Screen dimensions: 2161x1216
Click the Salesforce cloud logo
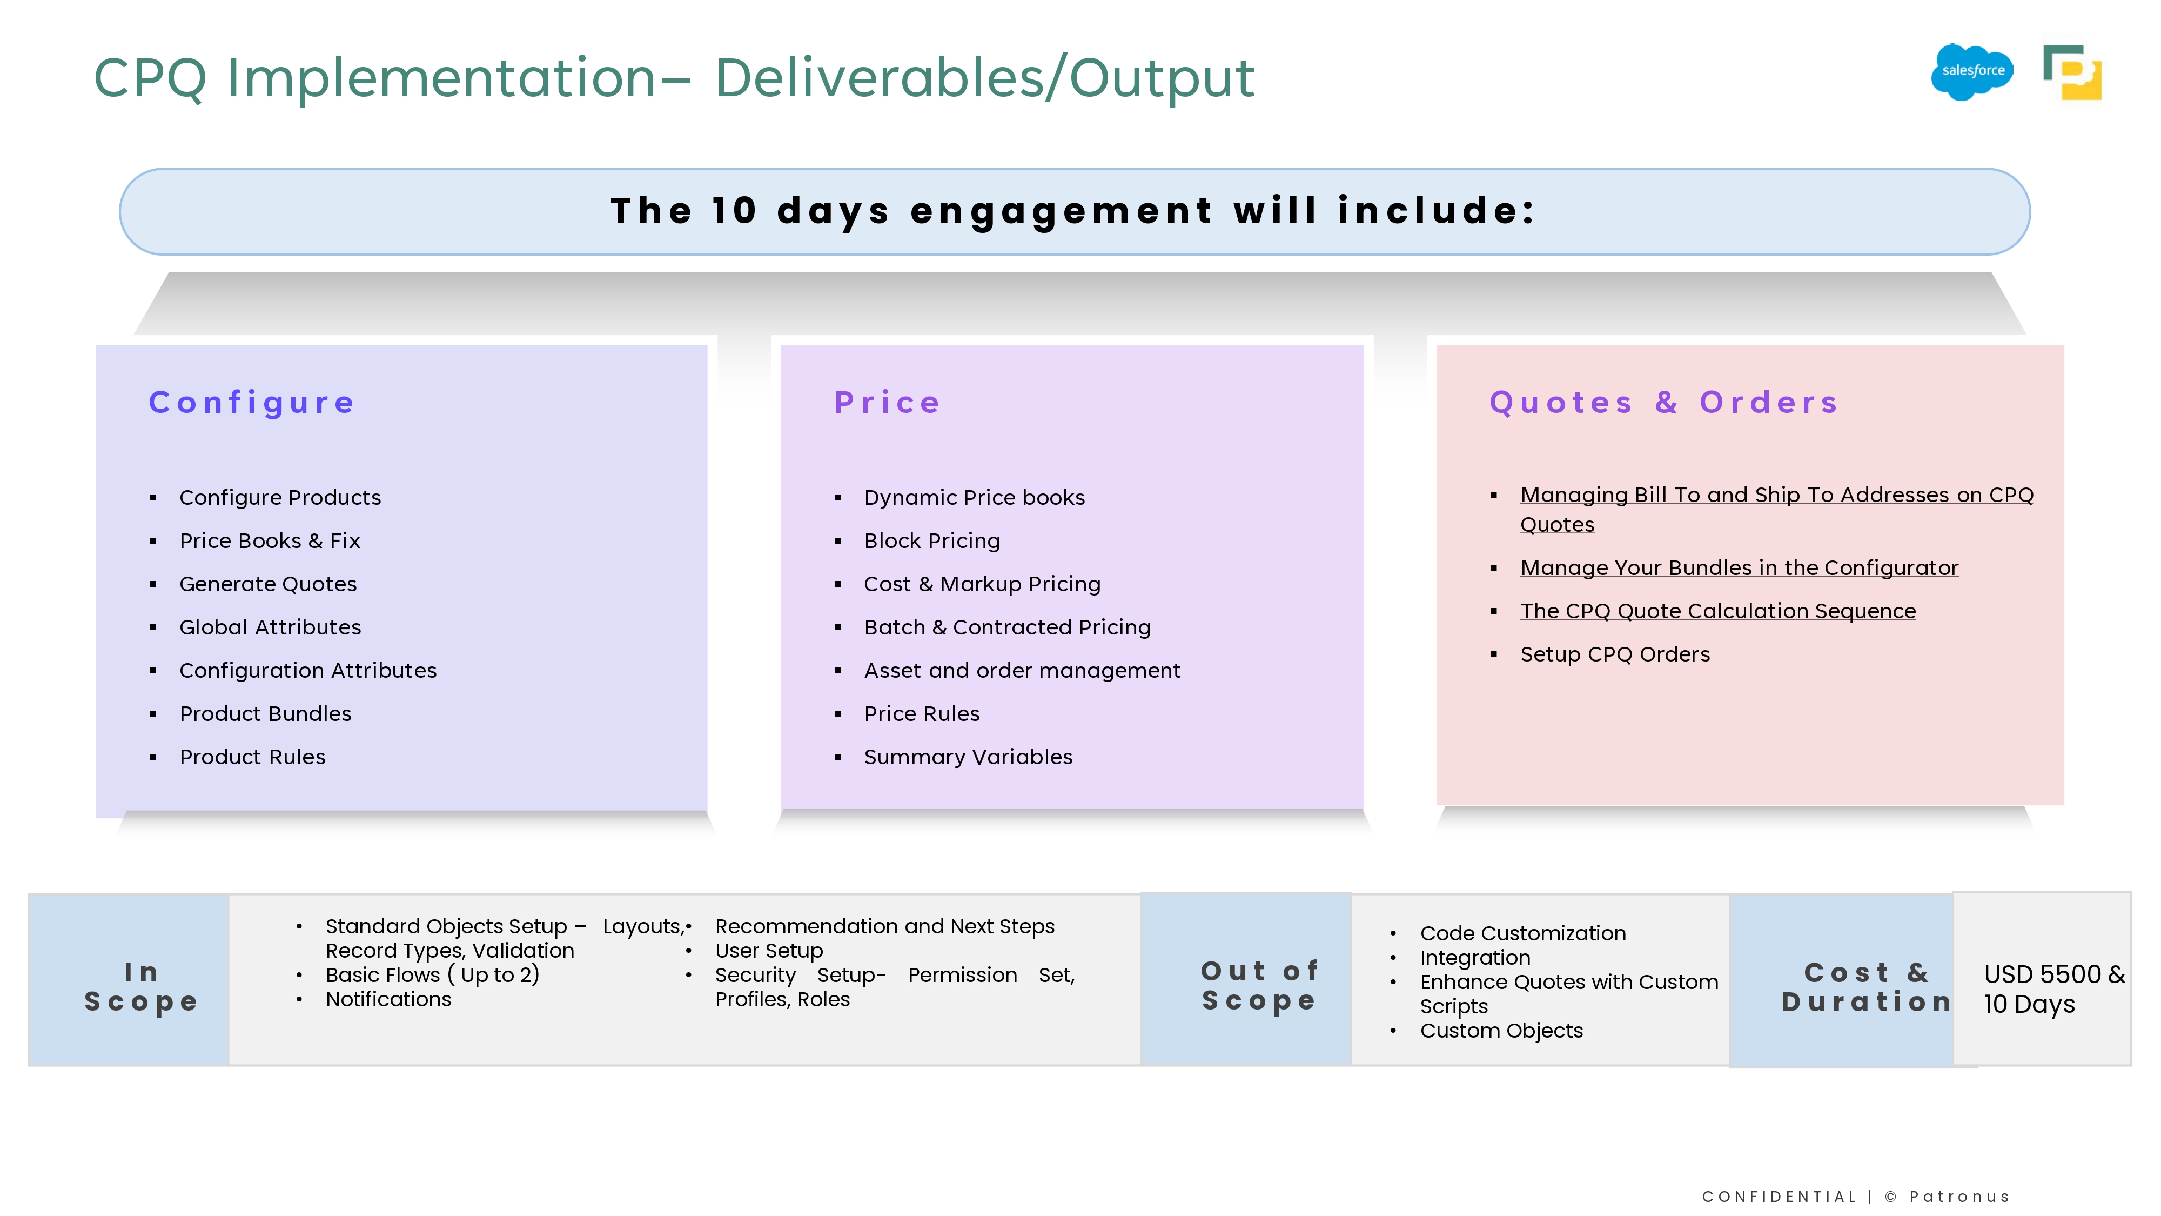(1972, 71)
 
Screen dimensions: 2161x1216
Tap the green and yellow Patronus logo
(2072, 72)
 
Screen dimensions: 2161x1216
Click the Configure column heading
(252, 403)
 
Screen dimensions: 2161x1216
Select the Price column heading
(887, 403)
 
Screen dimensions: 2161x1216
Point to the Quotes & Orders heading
(1663, 403)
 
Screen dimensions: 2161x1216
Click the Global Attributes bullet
(270, 627)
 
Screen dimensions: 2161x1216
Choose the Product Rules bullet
(252, 757)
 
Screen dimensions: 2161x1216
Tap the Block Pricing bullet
(932, 542)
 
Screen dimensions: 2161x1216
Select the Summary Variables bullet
(968, 757)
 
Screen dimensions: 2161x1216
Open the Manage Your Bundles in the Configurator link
(1739, 568)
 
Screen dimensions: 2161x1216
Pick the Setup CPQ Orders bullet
(1615, 654)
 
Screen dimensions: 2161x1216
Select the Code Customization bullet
(1522, 933)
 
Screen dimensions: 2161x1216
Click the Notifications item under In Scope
(388, 999)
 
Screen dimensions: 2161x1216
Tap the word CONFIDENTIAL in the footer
(1779, 1197)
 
